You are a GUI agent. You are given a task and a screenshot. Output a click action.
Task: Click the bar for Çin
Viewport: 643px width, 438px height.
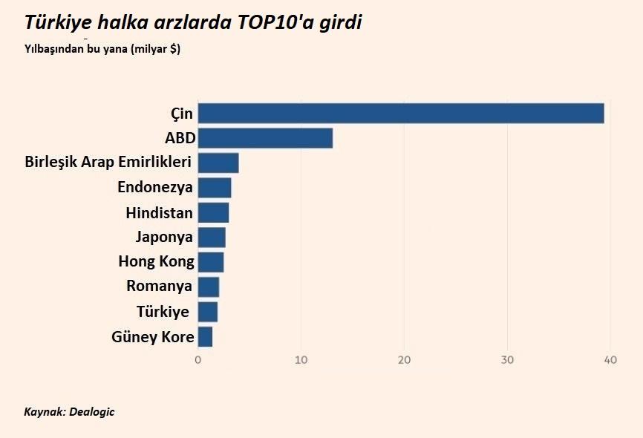point(401,114)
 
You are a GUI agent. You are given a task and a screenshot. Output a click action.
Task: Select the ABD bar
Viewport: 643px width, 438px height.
point(265,138)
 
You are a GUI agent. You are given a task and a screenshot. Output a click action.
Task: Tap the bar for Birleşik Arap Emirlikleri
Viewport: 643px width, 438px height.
point(218,163)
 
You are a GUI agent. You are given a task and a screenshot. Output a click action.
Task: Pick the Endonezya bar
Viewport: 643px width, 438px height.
point(215,188)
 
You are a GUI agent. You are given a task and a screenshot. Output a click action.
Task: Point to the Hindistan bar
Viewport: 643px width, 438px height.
point(213,213)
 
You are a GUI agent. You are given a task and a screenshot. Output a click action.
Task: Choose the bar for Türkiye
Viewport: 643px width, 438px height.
point(208,312)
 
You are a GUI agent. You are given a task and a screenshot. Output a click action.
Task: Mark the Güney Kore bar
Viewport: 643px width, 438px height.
point(205,337)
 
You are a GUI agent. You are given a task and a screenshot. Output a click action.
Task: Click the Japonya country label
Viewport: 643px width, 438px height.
point(164,238)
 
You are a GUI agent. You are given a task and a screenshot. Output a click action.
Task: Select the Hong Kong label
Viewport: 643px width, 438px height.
point(156,261)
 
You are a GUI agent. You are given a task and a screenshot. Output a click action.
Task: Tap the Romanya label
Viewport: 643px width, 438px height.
point(159,287)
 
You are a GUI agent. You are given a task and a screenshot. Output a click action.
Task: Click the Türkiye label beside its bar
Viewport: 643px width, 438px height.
point(163,312)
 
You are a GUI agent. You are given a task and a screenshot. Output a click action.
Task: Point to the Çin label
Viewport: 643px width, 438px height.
point(181,114)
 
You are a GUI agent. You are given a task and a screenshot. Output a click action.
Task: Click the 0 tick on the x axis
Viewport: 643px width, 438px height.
point(198,360)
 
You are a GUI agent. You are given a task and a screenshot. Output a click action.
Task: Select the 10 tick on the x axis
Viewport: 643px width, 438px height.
point(301,360)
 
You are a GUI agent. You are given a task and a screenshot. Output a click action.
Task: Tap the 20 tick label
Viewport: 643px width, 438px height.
point(404,360)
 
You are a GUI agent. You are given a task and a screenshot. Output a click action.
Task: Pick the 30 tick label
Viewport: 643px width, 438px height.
point(507,360)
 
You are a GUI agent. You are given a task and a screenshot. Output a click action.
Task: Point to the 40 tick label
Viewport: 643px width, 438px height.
point(610,360)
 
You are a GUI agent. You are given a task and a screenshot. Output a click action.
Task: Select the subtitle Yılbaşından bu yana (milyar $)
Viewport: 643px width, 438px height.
point(102,50)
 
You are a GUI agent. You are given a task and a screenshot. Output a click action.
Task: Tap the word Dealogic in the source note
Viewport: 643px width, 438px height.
point(92,412)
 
